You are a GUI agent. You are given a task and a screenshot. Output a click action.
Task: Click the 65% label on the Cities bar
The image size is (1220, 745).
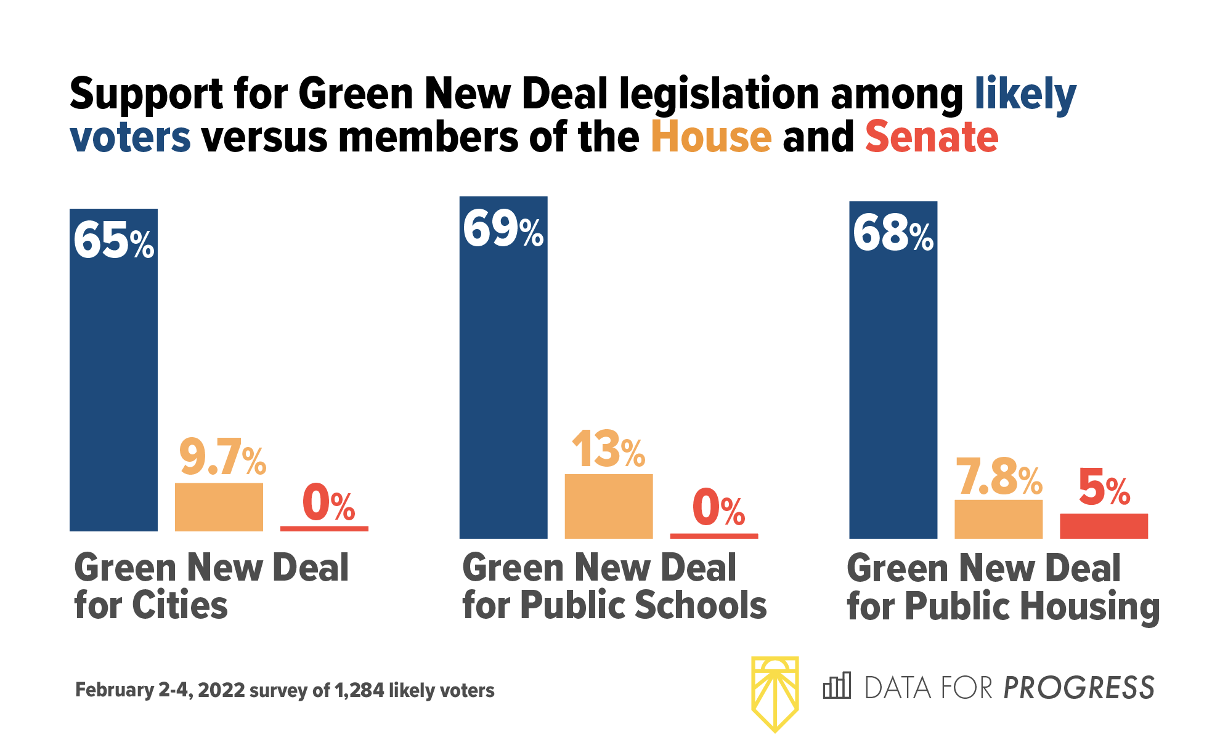114,241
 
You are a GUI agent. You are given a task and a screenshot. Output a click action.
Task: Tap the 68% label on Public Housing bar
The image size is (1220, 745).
893,235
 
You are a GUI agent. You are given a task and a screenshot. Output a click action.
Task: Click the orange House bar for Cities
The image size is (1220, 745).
219,507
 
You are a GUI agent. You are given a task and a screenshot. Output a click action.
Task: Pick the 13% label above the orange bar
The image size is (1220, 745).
608,450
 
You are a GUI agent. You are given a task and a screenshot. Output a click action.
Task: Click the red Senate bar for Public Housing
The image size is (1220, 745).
1104,526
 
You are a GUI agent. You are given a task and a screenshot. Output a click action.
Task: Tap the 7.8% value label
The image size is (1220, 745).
998,478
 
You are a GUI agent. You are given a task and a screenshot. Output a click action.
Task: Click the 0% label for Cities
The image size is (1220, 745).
328,503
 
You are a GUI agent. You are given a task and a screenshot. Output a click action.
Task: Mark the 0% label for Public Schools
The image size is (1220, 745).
718,509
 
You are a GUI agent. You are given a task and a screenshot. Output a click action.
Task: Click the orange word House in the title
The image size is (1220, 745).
711,137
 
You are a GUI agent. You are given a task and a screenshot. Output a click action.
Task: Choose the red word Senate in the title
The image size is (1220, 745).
931,137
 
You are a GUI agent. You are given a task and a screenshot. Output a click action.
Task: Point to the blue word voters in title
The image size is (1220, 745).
130,137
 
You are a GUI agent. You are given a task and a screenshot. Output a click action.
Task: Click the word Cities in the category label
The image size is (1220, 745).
179,605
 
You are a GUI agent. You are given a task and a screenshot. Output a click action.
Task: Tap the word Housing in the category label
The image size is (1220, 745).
1089,606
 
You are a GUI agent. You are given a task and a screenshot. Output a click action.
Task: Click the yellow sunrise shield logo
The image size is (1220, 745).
775,693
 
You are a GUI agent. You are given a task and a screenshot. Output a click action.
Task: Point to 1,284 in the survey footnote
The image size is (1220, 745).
359,690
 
